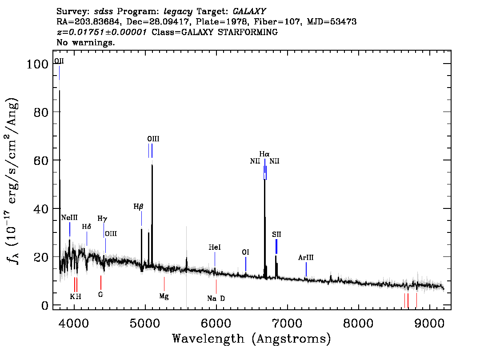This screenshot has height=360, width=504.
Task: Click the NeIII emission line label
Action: click(x=69, y=218)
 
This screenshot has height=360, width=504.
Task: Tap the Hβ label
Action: click(x=138, y=207)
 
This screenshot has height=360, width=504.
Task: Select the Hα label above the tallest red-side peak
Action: click(x=264, y=154)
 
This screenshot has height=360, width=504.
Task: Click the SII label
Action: click(x=276, y=234)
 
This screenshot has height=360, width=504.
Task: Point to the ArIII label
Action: click(x=306, y=257)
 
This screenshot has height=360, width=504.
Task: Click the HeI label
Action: click(x=215, y=247)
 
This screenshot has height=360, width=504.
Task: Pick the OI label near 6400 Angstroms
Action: click(x=245, y=252)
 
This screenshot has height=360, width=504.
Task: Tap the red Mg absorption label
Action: click(x=164, y=296)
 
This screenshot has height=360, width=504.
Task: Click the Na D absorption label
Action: click(x=216, y=298)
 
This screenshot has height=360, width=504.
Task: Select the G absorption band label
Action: click(x=100, y=294)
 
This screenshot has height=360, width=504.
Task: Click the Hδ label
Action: click(x=87, y=227)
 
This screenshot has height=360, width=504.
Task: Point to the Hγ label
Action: click(x=102, y=219)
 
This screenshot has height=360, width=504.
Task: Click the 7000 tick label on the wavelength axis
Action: click(x=287, y=323)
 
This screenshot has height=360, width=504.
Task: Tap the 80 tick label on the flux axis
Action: click(x=41, y=112)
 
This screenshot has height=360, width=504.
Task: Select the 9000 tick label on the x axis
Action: click(x=429, y=323)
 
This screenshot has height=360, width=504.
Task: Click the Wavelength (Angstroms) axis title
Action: click(x=252, y=339)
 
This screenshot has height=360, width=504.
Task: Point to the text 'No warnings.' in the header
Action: click(x=85, y=42)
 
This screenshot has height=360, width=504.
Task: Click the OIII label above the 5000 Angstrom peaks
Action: click(x=153, y=139)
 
